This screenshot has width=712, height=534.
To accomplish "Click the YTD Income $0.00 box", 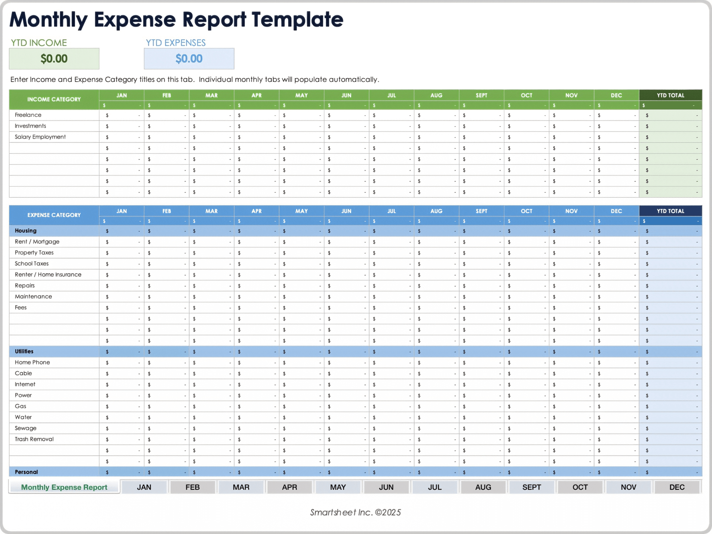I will click(x=54, y=59).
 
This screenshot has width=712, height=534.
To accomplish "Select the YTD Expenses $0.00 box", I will click(x=189, y=59).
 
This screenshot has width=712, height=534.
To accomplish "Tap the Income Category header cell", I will click(x=54, y=99).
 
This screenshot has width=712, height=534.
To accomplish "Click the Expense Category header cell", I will click(x=54, y=215).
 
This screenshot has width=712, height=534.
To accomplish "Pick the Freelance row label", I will click(x=28, y=115).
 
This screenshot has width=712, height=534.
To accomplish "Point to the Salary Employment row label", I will click(x=40, y=137).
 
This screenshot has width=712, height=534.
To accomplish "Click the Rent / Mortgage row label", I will click(x=37, y=242).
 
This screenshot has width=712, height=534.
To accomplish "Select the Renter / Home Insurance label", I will click(x=48, y=275).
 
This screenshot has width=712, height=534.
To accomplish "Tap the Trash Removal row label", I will click(x=34, y=439).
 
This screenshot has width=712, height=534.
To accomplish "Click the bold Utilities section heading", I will click(x=24, y=352).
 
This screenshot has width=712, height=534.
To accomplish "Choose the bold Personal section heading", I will click(x=26, y=472).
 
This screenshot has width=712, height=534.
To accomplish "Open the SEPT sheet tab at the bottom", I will click(x=531, y=487).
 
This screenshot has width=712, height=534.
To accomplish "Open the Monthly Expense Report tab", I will click(x=64, y=487).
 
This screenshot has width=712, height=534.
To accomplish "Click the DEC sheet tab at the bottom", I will click(x=677, y=487).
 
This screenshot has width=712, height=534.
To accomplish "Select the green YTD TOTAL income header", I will click(x=670, y=95).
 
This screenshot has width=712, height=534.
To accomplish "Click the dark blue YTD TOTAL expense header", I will click(x=670, y=211).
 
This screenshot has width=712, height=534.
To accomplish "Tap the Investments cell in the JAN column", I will click(x=122, y=126).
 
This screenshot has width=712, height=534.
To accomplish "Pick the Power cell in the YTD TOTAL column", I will click(x=670, y=395).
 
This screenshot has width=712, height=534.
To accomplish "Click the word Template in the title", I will click(x=297, y=20).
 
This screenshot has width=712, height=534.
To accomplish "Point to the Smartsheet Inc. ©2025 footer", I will click(x=356, y=512).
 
